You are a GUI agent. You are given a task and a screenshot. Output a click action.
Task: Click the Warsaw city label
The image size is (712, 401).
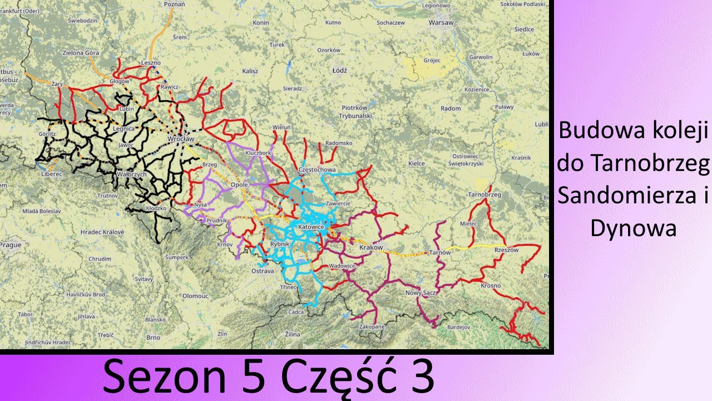tap(441, 23)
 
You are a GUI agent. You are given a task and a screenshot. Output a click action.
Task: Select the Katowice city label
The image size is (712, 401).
tap(311, 227)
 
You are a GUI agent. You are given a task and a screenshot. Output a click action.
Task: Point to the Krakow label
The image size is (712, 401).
tap(372, 247)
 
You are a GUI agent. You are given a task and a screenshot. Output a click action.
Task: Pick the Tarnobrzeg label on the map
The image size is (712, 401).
tap(484, 195)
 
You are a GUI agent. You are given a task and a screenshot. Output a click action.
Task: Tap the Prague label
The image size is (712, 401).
tap(10, 244)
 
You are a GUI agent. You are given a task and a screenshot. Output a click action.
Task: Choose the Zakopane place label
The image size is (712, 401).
tap(372, 327)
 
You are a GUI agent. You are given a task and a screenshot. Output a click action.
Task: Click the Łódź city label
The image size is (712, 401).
tap(339, 71)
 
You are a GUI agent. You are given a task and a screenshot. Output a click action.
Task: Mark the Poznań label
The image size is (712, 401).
tap(174, 4)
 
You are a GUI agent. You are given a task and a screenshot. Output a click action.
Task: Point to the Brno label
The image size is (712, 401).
tap(153, 338)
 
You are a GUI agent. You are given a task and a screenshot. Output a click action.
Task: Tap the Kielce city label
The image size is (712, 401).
tap(417, 163)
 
